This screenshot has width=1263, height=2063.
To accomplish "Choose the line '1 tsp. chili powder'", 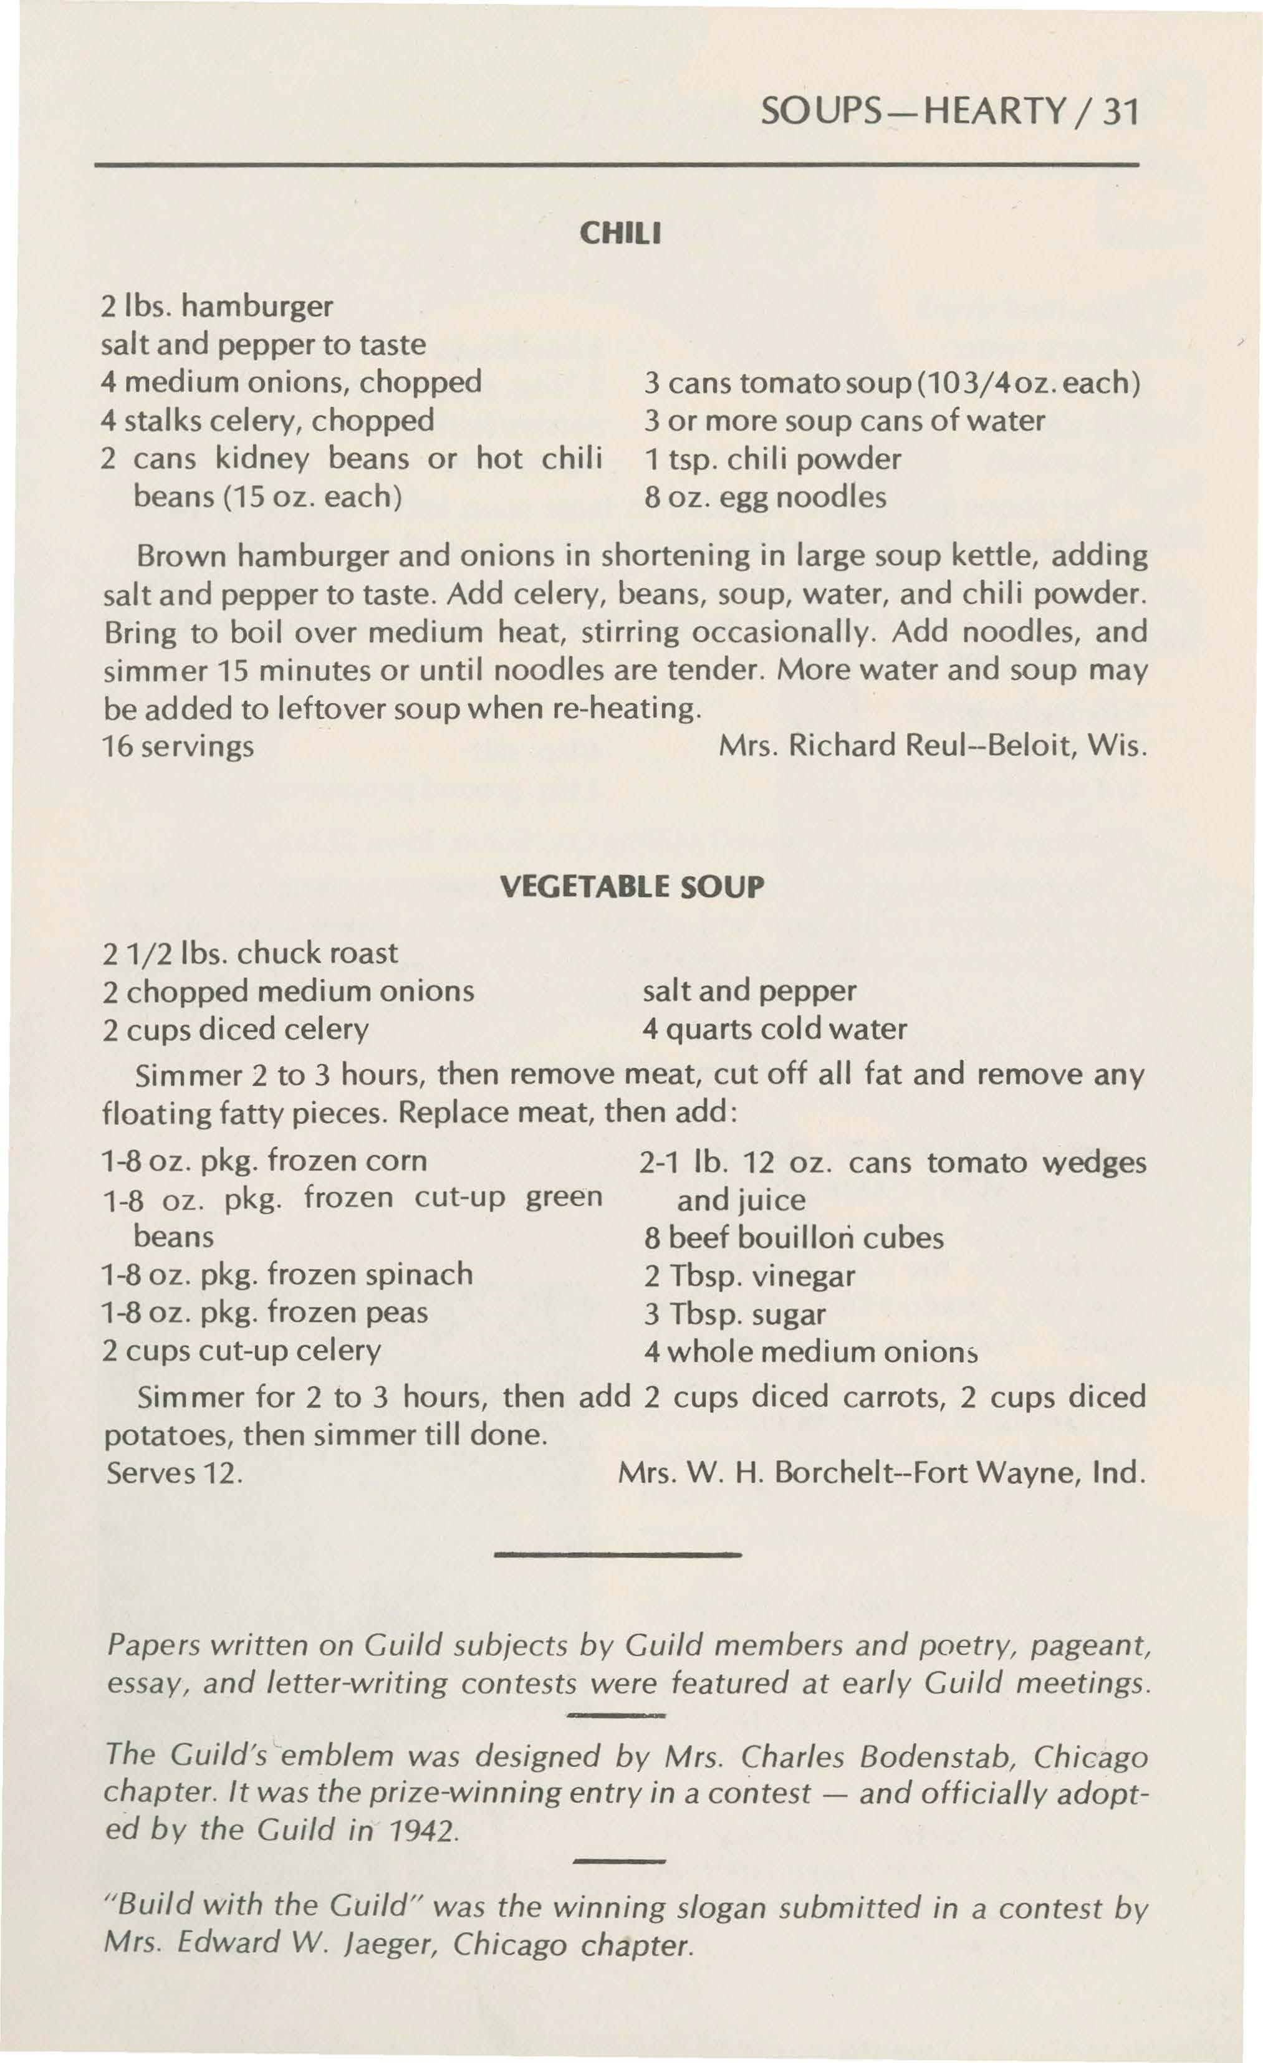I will (772, 459).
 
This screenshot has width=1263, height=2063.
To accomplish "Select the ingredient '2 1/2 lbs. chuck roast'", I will (249, 953).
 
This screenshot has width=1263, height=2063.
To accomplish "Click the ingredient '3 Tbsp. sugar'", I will (734, 1314).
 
